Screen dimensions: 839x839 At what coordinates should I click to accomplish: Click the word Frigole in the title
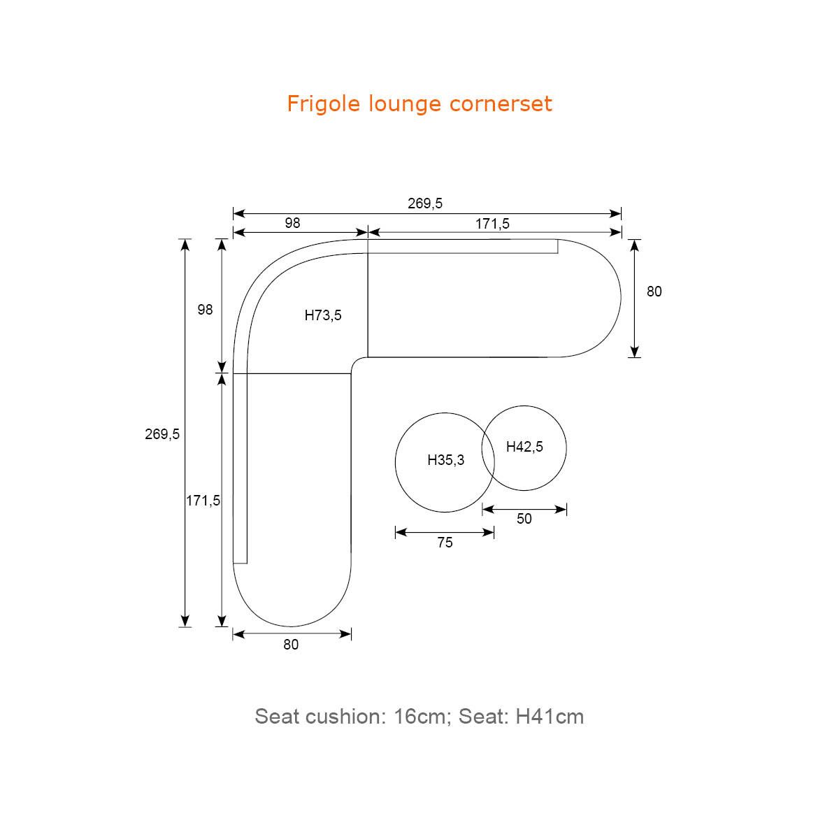tap(324, 104)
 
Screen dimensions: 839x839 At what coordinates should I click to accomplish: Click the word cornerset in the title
tap(501, 104)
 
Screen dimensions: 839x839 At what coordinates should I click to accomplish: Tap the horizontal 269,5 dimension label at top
tap(425, 203)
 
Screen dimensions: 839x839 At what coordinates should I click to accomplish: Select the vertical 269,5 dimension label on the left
tap(162, 434)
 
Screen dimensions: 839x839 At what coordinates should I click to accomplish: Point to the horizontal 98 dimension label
tap(292, 223)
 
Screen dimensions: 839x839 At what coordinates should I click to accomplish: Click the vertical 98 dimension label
tap(205, 310)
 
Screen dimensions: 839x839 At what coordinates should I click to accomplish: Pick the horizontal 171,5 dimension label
tap(492, 224)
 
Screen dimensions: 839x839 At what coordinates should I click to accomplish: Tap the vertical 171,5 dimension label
tap(203, 501)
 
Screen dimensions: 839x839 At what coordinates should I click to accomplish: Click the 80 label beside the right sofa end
tap(654, 292)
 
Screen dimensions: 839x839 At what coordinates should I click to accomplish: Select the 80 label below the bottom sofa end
tap(291, 645)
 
